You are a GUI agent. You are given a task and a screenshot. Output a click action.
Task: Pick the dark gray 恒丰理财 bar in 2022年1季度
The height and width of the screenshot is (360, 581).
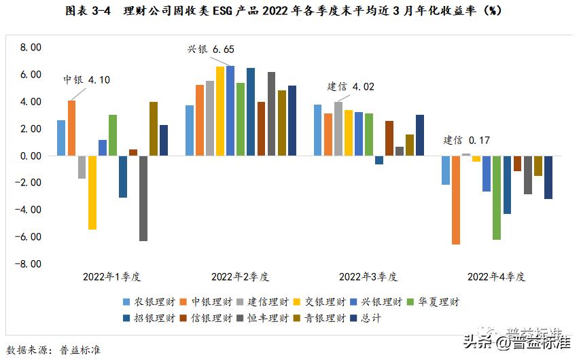tap(143, 198)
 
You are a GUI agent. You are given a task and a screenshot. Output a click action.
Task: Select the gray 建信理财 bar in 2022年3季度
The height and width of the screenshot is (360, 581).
tap(338, 129)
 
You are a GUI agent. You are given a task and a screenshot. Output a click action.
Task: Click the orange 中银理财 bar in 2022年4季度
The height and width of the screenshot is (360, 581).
tap(455, 200)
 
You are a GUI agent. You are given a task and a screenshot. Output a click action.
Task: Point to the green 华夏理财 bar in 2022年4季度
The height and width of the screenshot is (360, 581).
tap(496, 197)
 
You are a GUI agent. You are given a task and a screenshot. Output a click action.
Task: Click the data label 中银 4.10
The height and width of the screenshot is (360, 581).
tap(86, 79)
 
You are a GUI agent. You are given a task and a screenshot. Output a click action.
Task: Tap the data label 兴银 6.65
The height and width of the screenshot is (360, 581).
tap(211, 50)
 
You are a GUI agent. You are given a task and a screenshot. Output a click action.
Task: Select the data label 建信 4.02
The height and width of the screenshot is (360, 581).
tap(351, 86)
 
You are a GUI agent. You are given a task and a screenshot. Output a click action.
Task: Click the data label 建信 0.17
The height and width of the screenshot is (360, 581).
tap(466, 141)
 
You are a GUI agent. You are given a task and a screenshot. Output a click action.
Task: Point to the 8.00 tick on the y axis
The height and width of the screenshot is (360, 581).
tap(31, 48)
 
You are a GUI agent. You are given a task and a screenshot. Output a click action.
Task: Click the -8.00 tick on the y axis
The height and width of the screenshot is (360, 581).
tap(29, 264)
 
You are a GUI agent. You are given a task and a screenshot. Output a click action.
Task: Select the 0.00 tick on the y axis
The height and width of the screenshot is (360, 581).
tap(31, 156)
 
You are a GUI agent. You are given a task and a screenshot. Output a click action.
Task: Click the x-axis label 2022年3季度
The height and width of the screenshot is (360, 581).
tap(368, 276)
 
